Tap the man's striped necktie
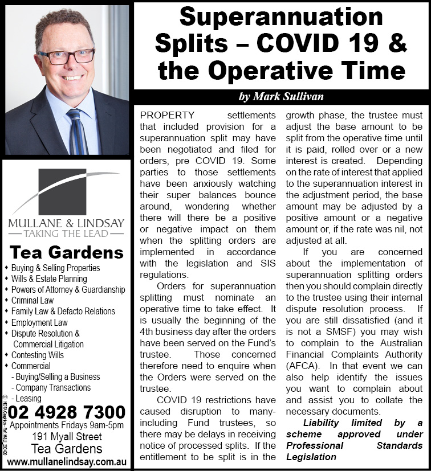tap(77, 132)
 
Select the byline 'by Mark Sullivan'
tap(281, 97)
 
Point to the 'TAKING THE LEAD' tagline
tap(66, 233)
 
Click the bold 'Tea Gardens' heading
tap(66, 252)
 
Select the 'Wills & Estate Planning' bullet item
tap(49, 278)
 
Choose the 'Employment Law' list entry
tap(39, 322)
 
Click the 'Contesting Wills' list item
tap(38, 355)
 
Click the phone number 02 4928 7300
tap(67, 412)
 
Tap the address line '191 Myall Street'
tap(66, 437)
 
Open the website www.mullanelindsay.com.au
tap(66, 461)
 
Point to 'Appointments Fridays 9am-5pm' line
tap(66, 425)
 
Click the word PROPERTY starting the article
tap(168, 115)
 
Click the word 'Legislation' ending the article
tap(311, 457)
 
